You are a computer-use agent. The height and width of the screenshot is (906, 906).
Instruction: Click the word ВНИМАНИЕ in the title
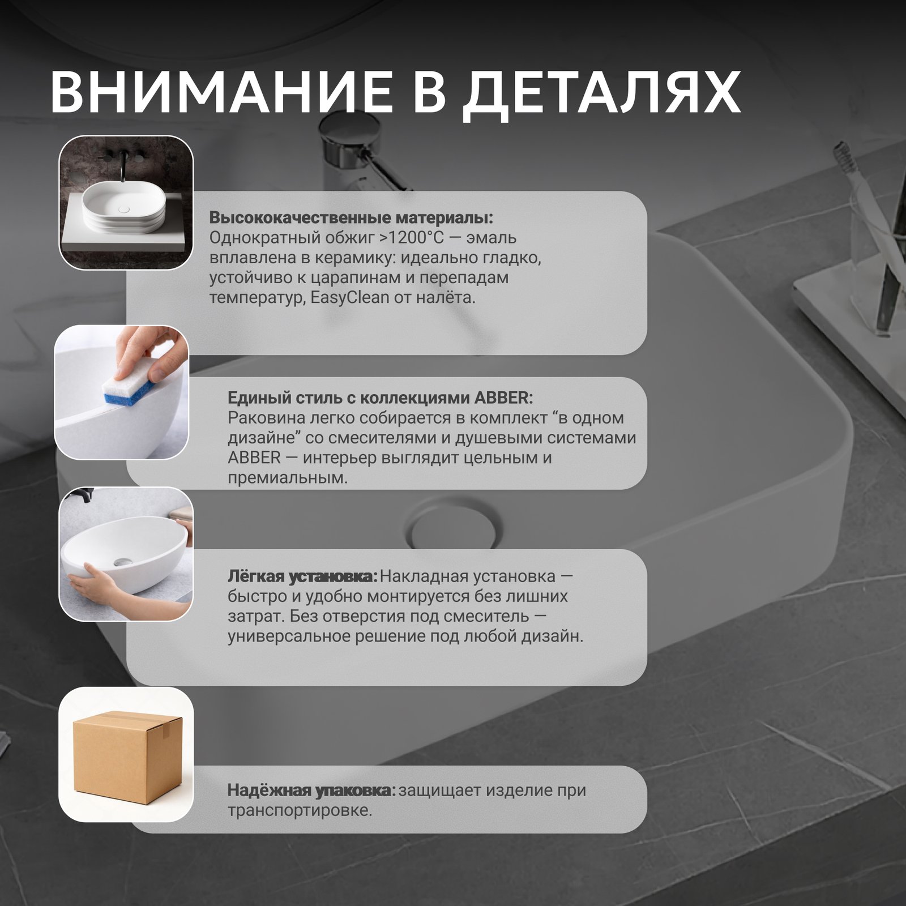221,92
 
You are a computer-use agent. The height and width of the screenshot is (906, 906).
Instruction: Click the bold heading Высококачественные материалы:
351,218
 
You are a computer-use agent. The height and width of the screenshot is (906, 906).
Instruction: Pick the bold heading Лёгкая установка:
302,576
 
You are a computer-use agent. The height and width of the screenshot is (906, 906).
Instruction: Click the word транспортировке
300,810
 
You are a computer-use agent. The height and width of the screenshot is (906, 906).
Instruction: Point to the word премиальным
288,478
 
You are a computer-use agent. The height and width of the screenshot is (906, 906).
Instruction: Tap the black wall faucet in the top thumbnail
119,164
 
